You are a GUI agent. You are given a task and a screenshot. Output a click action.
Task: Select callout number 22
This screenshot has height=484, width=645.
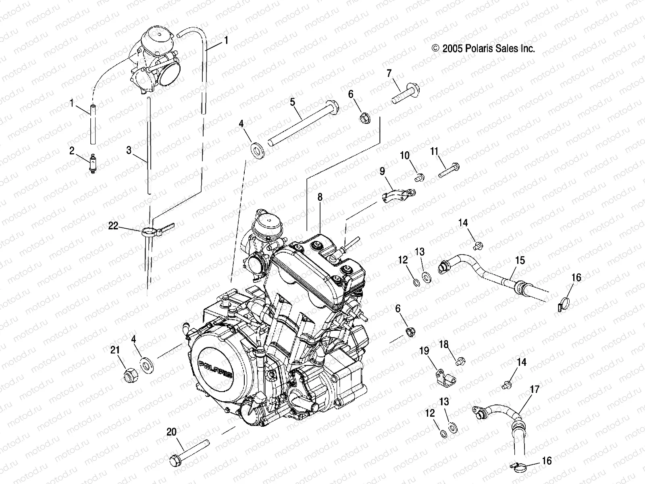coord(113,226)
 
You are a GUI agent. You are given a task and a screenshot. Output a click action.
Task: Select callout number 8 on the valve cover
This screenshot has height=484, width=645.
coord(320,198)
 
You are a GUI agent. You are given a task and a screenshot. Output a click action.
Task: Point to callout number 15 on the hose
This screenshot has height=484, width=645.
coord(520,261)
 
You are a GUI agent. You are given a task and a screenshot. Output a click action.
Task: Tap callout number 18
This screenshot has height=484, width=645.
coord(443,344)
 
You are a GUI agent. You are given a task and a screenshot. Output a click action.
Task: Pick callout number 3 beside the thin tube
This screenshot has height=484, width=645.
coord(129,151)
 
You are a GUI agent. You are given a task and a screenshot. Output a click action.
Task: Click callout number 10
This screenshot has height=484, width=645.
coord(405,156)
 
